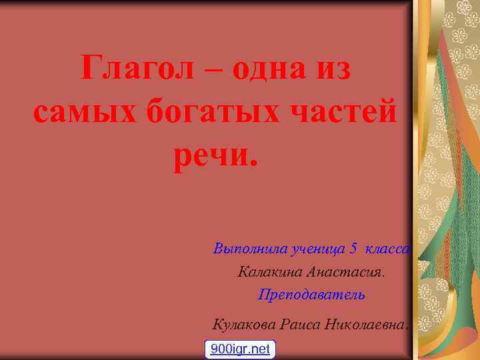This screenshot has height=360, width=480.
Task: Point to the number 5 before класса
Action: coord(353,249)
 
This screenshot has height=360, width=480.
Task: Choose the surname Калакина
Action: coord(268,272)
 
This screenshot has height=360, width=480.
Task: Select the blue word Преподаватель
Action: coord(311,294)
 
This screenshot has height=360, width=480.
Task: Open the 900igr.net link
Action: coord(240,349)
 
